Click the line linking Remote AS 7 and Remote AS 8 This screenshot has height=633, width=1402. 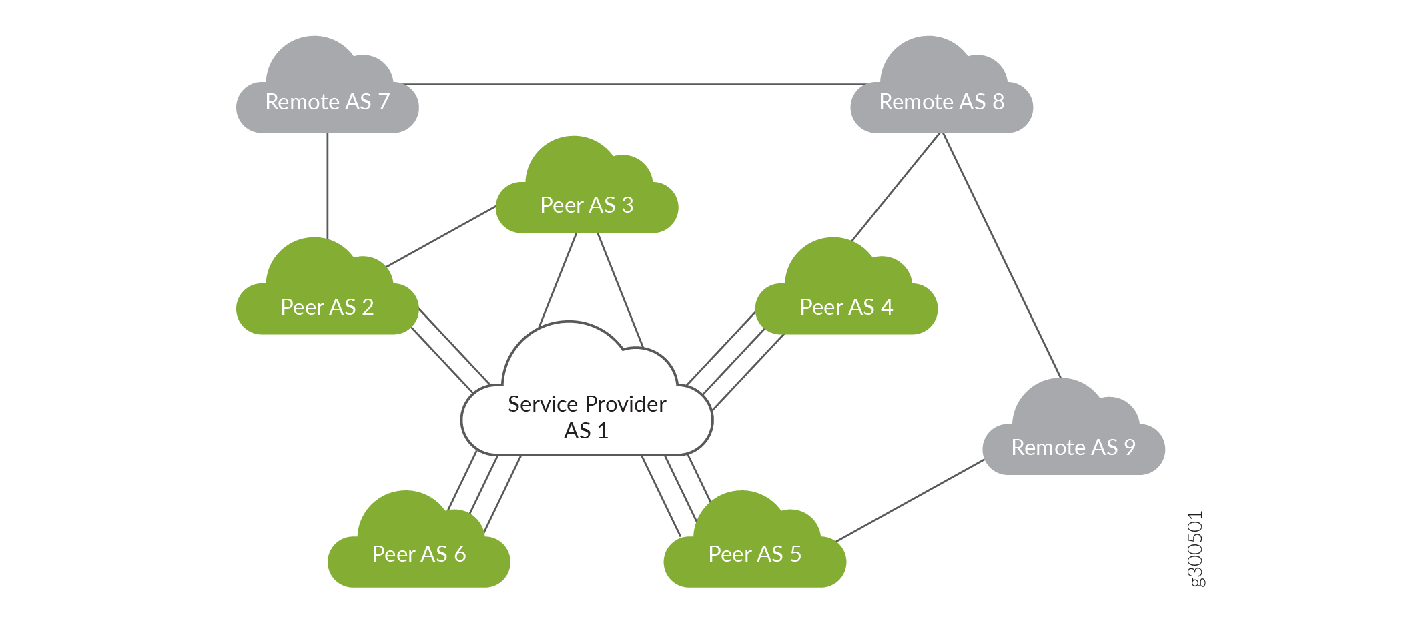[x=634, y=85]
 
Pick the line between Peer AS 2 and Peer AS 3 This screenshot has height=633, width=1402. [x=440, y=237]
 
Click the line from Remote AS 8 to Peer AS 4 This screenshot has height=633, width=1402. [x=896, y=187]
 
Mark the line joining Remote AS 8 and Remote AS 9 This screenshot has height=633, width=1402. [x=1001, y=255]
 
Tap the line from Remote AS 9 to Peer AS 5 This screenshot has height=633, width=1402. [x=910, y=500]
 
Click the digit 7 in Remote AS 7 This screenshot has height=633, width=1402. [x=384, y=102]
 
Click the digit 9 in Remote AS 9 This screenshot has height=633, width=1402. [x=1129, y=447]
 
